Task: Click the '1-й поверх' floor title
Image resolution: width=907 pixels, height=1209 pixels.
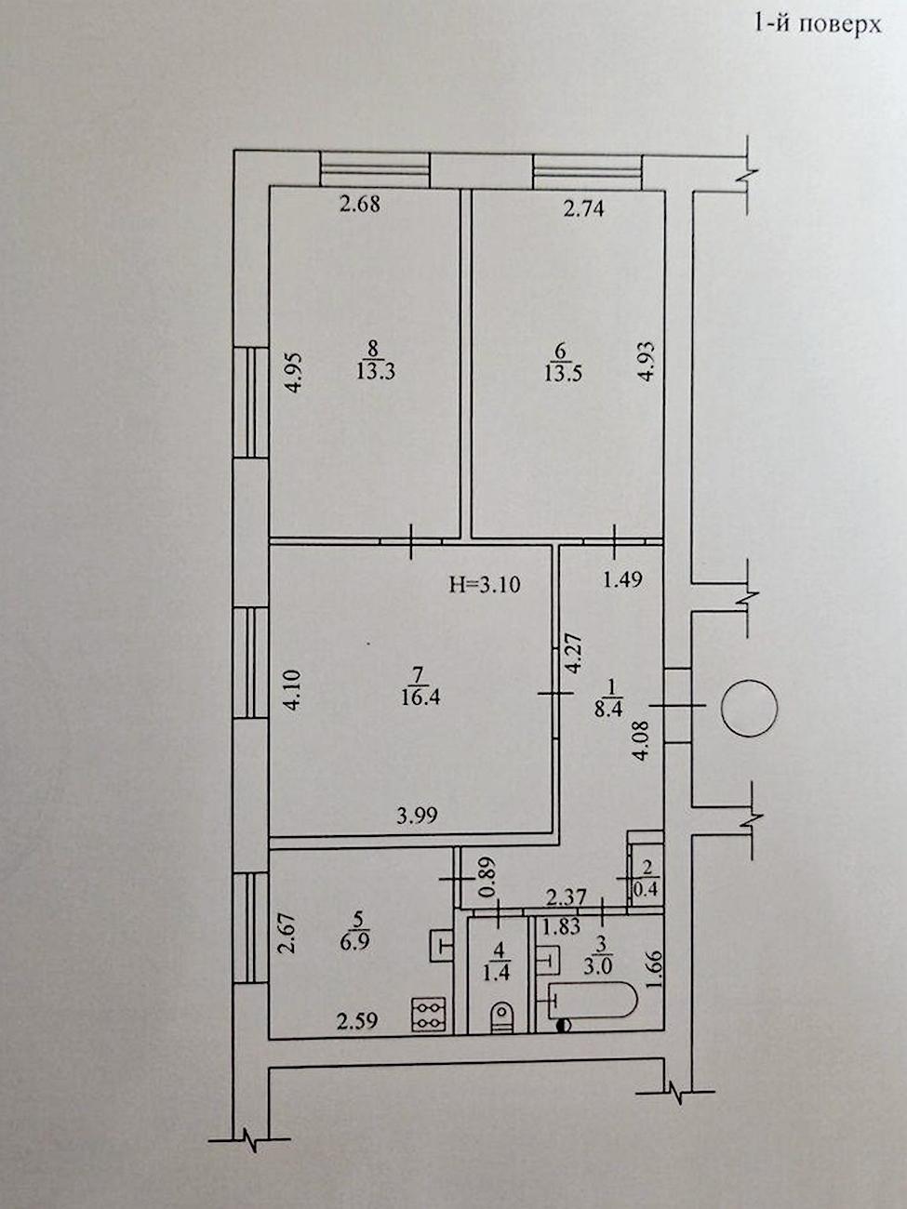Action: coord(818,24)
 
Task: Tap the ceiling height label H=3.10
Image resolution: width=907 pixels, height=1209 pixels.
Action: coord(485,584)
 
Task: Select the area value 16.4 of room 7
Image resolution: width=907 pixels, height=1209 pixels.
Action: coord(421,697)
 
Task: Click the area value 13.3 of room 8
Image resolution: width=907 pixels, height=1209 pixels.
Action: coord(376,372)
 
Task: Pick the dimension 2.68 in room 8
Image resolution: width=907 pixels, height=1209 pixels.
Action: coord(359,205)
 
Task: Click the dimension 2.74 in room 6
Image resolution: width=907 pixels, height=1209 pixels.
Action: coord(584,208)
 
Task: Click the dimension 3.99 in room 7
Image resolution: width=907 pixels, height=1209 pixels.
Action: coord(418,815)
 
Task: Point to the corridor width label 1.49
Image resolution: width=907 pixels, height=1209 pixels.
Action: coord(623,578)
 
